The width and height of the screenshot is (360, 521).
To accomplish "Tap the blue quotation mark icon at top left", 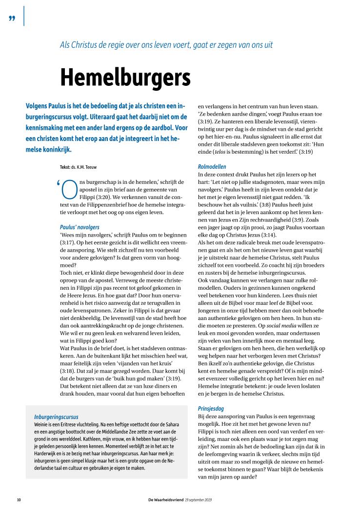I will pyautogui.click(x=12, y=19).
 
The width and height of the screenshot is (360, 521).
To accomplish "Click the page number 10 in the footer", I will pyautogui.click(x=19, y=500).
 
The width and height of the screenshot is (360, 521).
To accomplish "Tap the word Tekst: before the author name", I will pyautogui.click(x=65, y=167).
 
